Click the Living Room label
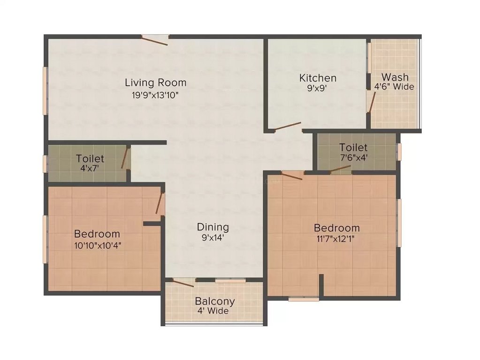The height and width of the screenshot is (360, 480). [x=155, y=83]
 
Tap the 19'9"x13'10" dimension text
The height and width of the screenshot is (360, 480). [x=155, y=95]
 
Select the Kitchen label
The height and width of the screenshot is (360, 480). [x=318, y=78]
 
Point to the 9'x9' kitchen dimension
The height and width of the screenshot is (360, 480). [x=318, y=88]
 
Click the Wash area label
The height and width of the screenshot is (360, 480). [x=395, y=77]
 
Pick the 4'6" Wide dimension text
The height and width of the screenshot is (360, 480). [x=394, y=87]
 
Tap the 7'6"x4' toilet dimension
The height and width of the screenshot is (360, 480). [x=353, y=158]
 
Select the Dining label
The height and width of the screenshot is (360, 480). [x=213, y=227]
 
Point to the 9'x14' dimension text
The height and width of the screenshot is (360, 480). [x=213, y=238]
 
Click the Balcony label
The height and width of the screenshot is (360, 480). [x=215, y=301]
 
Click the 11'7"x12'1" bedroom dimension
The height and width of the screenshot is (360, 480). [x=336, y=239]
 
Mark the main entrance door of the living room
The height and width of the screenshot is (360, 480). [x=155, y=40]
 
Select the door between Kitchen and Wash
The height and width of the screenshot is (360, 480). [x=372, y=102]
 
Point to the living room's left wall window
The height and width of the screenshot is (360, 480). [x=46, y=90]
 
